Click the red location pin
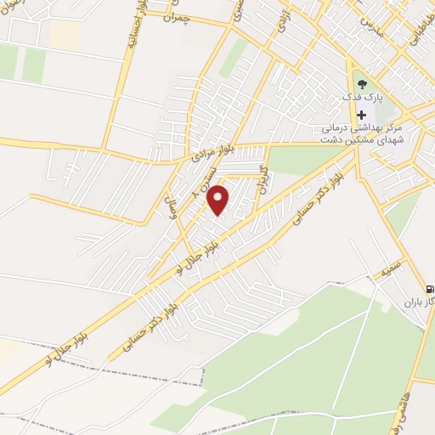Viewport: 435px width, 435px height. (x=219, y=200)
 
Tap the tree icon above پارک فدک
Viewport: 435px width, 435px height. (x=363, y=84)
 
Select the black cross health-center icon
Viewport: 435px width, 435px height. (x=363, y=115)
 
